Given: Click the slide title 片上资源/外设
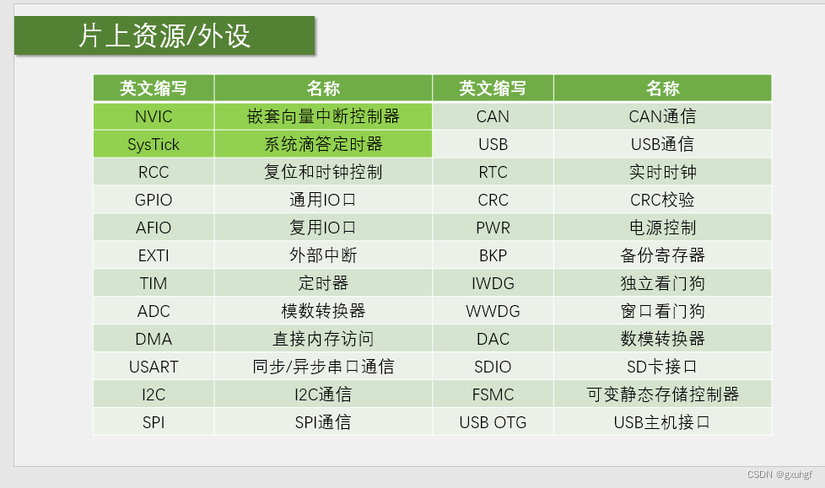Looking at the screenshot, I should pyautogui.click(x=164, y=36).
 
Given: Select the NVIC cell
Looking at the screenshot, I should pyautogui.click(x=154, y=116).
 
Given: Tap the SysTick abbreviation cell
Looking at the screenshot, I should pyautogui.click(x=154, y=144).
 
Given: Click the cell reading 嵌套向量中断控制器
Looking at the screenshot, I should pyautogui.click(x=323, y=116).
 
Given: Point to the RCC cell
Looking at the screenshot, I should pyautogui.click(x=154, y=172).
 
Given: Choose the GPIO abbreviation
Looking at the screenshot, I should pyautogui.click(x=154, y=200).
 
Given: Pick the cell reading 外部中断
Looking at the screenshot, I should pyautogui.click(x=323, y=255).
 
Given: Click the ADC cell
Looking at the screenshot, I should pyautogui.click(x=154, y=311).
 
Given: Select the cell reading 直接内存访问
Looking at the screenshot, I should pyautogui.click(x=323, y=339).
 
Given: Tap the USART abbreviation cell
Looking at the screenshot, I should pyautogui.click(x=154, y=367).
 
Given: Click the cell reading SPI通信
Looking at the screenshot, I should pyautogui.click(x=323, y=422).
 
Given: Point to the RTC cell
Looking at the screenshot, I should pyautogui.click(x=493, y=172).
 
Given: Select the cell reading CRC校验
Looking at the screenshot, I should pyautogui.click(x=662, y=200).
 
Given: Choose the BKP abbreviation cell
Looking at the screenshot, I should pyautogui.click(x=493, y=255).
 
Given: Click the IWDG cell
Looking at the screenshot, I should pyautogui.click(x=493, y=283).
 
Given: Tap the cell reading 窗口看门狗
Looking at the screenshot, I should pyautogui.click(x=662, y=311).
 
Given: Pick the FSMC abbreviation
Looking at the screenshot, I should pyautogui.click(x=493, y=394).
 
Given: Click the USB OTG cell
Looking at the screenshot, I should pyautogui.click(x=493, y=422).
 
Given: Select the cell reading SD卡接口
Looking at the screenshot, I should pyautogui.click(x=662, y=367).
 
